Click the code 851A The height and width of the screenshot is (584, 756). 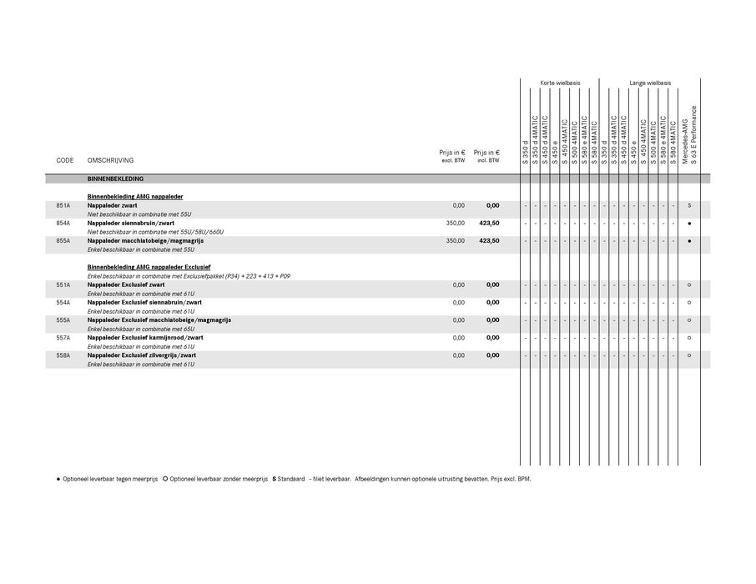click(x=63, y=205)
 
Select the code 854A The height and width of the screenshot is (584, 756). click(x=63, y=224)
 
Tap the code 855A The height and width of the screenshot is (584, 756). click(x=63, y=241)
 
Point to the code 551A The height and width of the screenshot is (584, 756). click(x=63, y=285)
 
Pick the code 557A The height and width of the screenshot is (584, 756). click(x=63, y=338)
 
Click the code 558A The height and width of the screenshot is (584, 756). click(x=63, y=355)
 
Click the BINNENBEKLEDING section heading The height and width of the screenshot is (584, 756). click(x=115, y=179)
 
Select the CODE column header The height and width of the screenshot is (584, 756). click(x=65, y=160)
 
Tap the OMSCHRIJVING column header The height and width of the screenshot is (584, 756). click(x=110, y=160)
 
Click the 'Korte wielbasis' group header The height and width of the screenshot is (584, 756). click(x=560, y=83)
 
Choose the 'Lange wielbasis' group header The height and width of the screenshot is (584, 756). click(x=650, y=83)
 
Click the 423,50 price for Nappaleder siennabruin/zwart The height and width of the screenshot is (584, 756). click(x=489, y=224)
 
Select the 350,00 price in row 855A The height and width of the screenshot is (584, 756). click(x=455, y=241)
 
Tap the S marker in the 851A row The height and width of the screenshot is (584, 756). click(x=689, y=205)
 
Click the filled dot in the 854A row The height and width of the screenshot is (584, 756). click(x=689, y=224)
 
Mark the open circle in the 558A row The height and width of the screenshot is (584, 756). click(x=689, y=355)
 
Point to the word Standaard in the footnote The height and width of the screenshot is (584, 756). click(x=292, y=480)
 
